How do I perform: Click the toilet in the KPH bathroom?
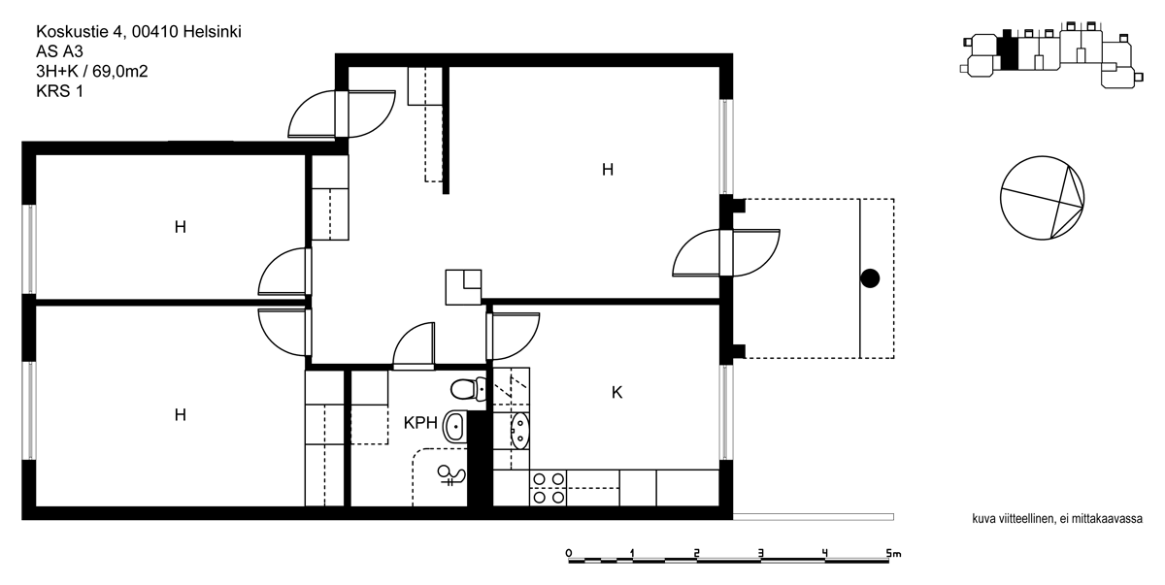tap(468, 389)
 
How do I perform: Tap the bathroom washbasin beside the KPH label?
tap(454, 427)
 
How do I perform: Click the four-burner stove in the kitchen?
tap(549, 488)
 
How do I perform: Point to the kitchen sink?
tap(519, 431)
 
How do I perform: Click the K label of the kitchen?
tap(616, 393)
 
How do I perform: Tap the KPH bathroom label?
tap(420, 423)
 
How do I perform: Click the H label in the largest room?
tap(608, 170)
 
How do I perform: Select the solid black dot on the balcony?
tap(870, 278)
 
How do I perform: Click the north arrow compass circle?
tap(1043, 198)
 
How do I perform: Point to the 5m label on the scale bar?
tap(893, 554)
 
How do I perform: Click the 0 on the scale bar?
tap(569, 553)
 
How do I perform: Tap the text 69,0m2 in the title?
tap(120, 71)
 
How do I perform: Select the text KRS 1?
tap(60, 91)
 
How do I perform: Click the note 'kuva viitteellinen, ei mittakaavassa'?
tap(1057, 518)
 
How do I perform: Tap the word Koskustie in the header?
tap(72, 32)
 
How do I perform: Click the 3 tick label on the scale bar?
tap(760, 553)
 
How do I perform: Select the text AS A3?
tap(59, 51)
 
